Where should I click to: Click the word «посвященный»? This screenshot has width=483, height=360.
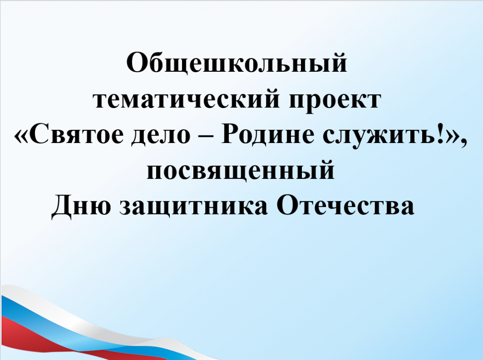(x=240, y=170)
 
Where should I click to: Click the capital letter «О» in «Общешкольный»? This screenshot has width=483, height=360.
(x=137, y=63)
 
